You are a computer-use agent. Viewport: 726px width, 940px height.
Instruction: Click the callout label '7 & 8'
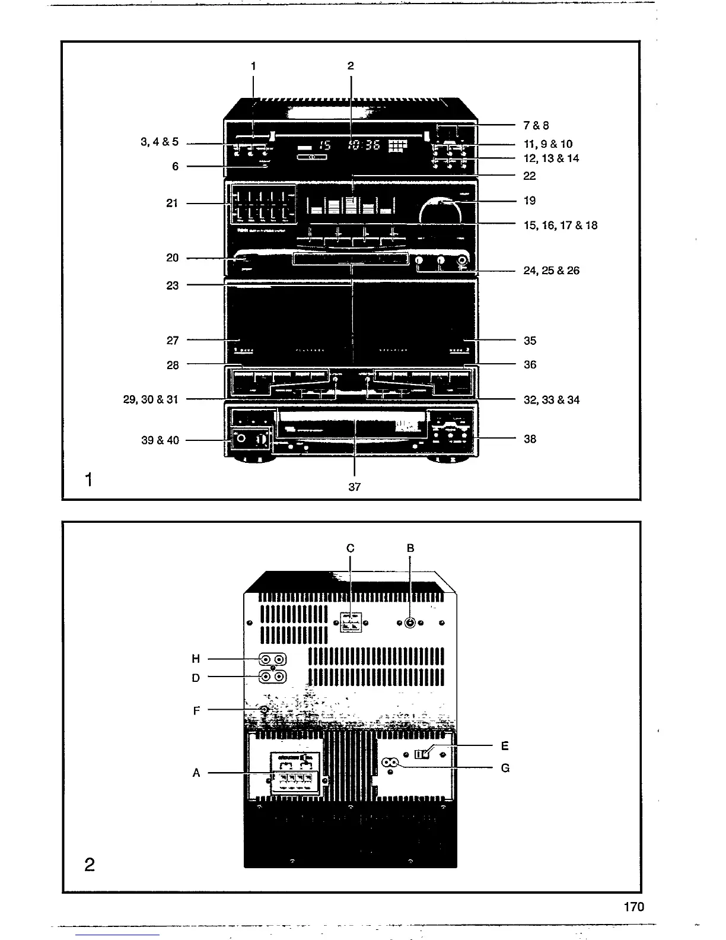(536, 125)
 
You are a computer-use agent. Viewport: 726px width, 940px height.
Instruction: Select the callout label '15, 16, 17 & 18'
(561, 226)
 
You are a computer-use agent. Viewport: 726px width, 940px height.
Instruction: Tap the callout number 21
(172, 204)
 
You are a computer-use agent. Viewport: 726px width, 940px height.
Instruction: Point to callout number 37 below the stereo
(355, 487)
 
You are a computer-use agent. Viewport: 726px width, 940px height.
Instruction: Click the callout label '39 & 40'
(160, 440)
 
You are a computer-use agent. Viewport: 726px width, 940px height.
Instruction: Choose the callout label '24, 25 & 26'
(552, 271)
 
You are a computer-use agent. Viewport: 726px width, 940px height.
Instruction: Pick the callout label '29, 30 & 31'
(151, 399)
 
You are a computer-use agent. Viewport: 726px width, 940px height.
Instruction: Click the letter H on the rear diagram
(196, 659)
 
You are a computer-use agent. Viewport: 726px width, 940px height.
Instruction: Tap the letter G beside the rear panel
(505, 768)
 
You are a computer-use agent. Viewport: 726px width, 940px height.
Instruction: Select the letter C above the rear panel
(350, 548)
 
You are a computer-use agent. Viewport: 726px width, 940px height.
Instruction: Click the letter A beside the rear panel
(196, 773)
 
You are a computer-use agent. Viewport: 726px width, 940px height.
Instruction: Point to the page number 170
(633, 907)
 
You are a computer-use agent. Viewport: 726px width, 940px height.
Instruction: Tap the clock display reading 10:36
(364, 145)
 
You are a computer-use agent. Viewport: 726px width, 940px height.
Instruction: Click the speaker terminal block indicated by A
(295, 778)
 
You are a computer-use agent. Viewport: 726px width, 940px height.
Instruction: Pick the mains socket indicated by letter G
(390, 764)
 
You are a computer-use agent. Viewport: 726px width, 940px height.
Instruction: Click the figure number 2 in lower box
(90, 865)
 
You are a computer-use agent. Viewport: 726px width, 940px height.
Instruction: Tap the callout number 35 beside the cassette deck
(530, 341)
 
